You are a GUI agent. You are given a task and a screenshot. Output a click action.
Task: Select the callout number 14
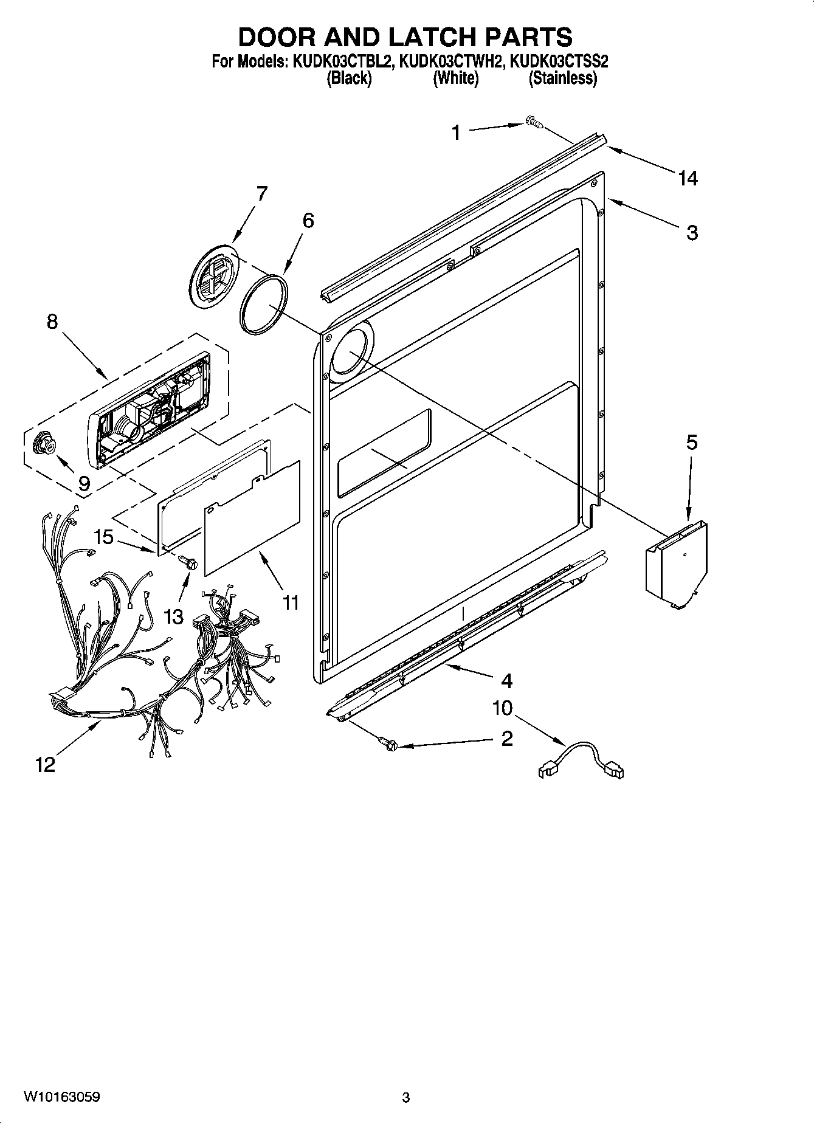(x=688, y=178)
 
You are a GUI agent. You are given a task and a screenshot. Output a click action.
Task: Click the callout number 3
(x=692, y=232)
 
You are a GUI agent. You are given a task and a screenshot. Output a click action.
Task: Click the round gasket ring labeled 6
(x=263, y=303)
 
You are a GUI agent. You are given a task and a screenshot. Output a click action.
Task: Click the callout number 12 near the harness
(x=45, y=764)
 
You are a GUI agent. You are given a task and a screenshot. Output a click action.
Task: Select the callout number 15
(x=103, y=537)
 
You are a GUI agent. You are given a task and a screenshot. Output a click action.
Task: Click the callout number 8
(x=52, y=321)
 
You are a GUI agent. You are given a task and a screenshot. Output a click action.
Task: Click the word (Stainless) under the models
(x=563, y=78)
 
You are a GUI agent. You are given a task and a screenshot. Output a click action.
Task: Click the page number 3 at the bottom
(x=406, y=1097)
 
